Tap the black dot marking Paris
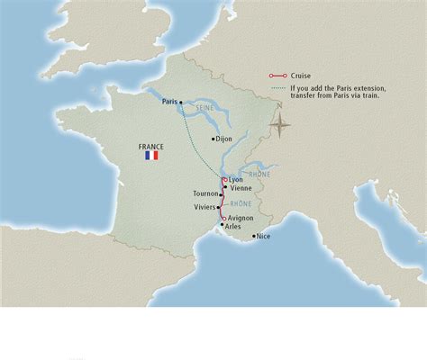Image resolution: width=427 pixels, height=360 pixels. click(x=181, y=103)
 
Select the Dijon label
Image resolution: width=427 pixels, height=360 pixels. click(x=225, y=139)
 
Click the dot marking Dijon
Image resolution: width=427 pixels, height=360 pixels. click(x=213, y=139)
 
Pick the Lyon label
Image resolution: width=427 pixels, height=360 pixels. click(x=236, y=180)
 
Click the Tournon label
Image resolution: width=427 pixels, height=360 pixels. click(x=206, y=193)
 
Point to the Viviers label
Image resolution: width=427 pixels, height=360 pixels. click(x=204, y=207)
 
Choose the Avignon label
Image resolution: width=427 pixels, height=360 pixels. click(x=241, y=218)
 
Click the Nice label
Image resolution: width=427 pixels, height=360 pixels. click(x=263, y=236)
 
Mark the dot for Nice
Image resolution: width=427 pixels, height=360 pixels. click(x=253, y=236)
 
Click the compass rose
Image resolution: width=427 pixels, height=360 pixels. click(x=281, y=124)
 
